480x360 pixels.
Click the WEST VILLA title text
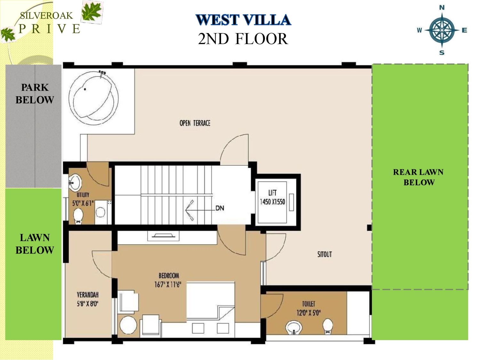coord(243,20)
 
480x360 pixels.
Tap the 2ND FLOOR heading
coord(243,39)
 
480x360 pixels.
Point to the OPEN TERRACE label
coord(195,123)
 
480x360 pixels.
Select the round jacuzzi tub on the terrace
coord(93,98)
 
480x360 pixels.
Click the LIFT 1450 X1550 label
coord(272,197)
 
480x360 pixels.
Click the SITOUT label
coord(324,254)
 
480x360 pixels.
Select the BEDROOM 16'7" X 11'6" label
coord(168,280)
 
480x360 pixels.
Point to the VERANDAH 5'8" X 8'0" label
coord(87,299)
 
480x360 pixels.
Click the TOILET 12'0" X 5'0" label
coord(308,308)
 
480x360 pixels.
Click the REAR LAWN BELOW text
coord(419,177)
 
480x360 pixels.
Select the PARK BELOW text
coord(35,94)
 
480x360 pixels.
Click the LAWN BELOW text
coord(35,244)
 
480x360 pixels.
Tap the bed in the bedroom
coord(211,301)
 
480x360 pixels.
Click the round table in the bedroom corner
coord(128,325)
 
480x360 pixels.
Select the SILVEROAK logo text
coord(46,16)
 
